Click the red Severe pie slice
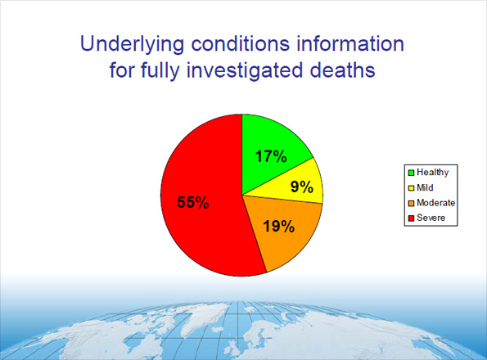pos(196,221)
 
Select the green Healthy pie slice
pos(274,143)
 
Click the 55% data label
pos(193,202)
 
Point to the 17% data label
pos(269,155)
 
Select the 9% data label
pos(302,187)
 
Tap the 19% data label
pos(278,226)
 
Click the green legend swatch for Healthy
pos(410,172)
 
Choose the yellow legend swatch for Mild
pos(410,187)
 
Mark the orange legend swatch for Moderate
pos(410,203)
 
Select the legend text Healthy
pos(432,172)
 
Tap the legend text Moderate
pos(435,203)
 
